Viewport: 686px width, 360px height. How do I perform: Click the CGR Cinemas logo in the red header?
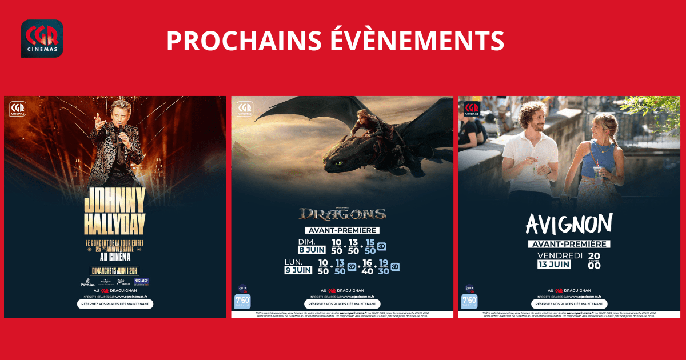[42, 39]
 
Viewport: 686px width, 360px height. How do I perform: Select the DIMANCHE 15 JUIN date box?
[115, 270]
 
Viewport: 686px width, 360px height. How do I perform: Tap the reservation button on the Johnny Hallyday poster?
[115, 304]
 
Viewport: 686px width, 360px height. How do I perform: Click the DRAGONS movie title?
[342, 214]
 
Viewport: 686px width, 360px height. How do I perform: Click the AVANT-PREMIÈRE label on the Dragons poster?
[342, 231]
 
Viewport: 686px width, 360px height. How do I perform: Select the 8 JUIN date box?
[312, 249]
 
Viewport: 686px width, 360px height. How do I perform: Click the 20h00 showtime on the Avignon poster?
[594, 260]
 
